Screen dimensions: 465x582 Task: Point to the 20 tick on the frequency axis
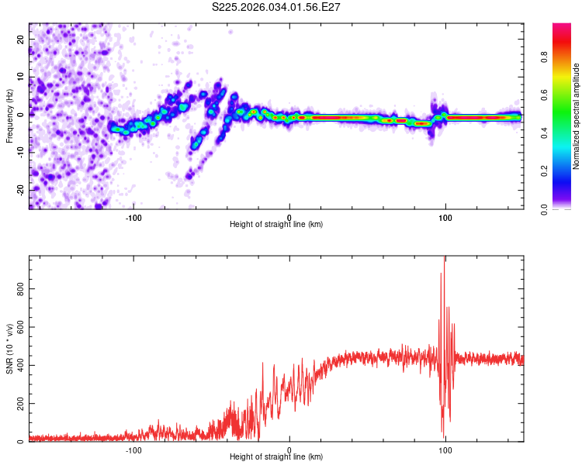[x=22, y=39]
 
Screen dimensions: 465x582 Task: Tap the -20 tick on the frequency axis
[x=20, y=190]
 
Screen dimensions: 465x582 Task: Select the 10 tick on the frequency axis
[x=22, y=77]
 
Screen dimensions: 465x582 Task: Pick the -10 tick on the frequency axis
[x=20, y=152]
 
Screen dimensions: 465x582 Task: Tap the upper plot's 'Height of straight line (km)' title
[x=276, y=225]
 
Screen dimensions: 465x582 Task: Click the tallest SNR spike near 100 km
[x=444, y=259]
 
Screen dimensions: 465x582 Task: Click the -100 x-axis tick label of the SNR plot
[x=133, y=449]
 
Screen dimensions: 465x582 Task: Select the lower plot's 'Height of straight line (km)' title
[x=276, y=457]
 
